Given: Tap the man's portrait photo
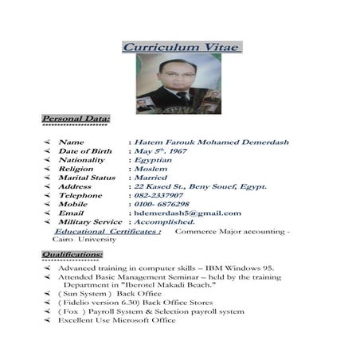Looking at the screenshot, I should pos(178,84).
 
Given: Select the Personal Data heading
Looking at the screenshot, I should pos(76,119).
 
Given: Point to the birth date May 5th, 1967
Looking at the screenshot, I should pos(160,151).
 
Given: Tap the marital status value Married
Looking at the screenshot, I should pos(151,178).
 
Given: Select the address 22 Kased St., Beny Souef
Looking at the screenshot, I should pos(200,186).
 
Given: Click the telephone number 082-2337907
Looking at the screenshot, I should pos(158,195).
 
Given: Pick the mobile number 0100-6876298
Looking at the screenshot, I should pos(161,204).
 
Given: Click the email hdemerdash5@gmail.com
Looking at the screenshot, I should pos(187,213).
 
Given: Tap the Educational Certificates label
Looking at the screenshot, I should pos(108,231).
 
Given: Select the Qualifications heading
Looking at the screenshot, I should pos(72,254).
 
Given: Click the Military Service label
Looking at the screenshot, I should pos(90,221).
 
